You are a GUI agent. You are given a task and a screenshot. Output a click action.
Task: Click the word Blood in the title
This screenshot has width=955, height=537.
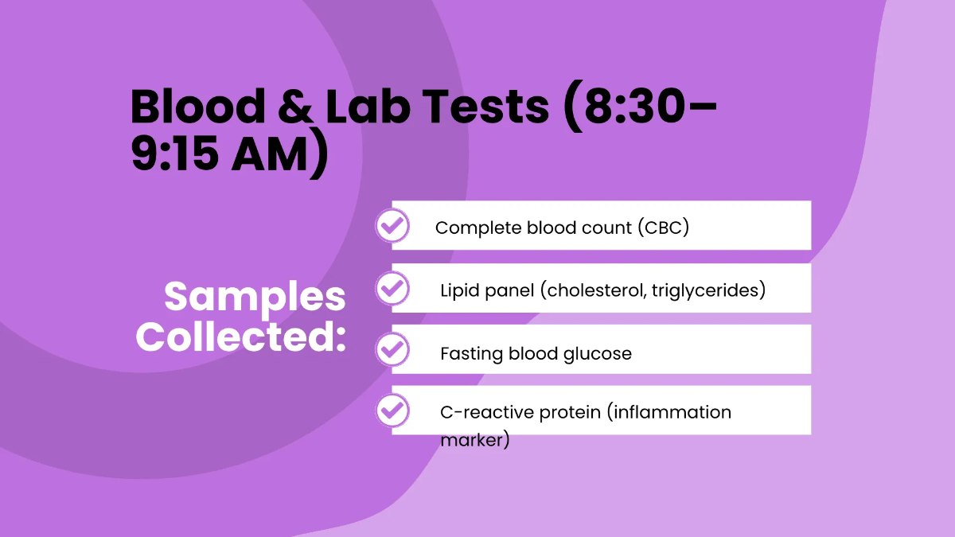coord(197,106)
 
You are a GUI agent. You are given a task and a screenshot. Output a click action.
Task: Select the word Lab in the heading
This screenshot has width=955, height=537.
coord(368,106)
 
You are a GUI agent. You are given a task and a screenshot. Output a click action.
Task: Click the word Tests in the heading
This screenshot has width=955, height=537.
coord(485,107)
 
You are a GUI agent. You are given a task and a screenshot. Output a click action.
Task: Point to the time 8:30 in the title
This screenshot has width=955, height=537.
coord(634,107)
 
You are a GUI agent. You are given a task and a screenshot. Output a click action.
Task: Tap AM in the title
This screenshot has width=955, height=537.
coord(270,154)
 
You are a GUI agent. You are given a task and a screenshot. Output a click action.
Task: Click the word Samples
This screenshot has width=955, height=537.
coord(255,298)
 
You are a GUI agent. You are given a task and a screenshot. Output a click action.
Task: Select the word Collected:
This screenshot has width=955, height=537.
coord(241,337)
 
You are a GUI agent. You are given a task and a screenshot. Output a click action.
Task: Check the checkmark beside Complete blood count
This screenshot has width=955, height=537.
coord(392,225)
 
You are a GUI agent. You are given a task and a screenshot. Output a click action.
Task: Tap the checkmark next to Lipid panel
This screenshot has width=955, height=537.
coord(392,289)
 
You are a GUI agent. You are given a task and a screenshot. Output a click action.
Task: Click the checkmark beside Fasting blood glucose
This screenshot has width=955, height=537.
coord(392,349)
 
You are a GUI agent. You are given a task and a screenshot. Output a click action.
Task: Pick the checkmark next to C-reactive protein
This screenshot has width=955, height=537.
coord(392,411)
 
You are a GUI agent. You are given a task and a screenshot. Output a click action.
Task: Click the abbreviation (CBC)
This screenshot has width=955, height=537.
coord(664,228)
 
